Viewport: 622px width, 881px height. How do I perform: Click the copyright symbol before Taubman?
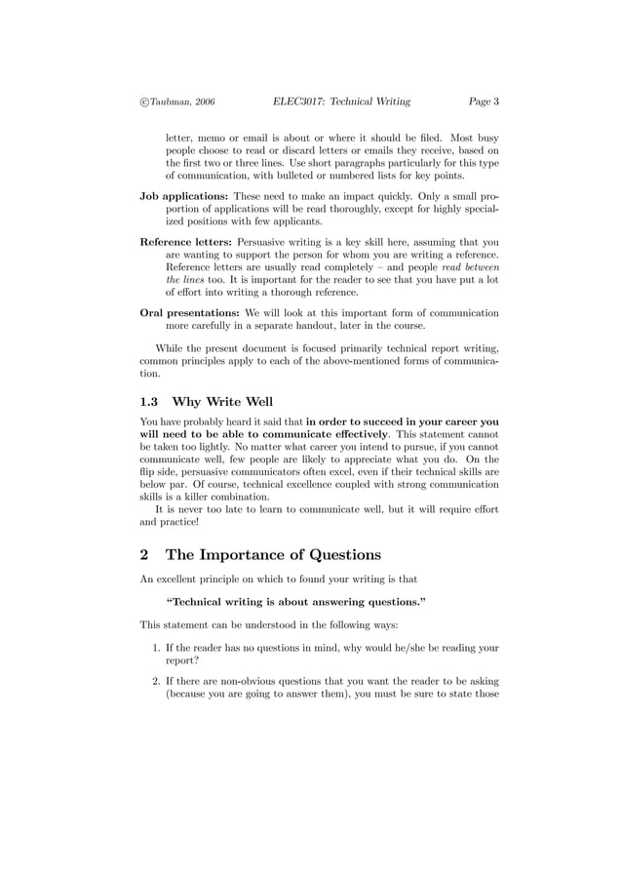(144, 100)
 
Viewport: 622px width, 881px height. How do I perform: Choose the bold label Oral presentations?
(190, 313)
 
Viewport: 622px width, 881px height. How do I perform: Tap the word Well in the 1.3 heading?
(256, 402)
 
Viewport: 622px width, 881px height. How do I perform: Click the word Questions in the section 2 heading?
(334, 555)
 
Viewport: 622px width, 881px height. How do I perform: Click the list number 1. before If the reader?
(157, 647)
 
